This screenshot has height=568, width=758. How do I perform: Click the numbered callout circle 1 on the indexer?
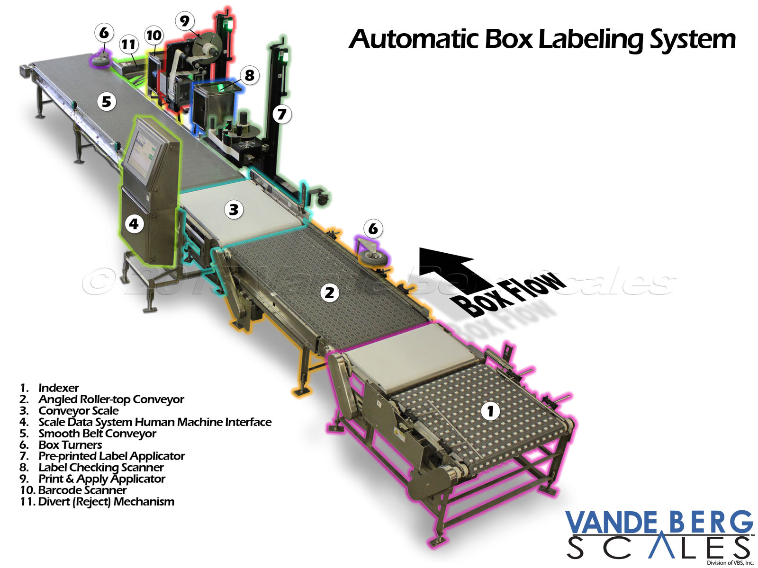[490, 410]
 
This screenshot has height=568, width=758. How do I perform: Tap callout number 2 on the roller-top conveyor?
[329, 292]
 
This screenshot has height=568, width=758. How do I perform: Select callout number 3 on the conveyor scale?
[234, 209]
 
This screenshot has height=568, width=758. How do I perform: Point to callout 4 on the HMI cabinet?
[134, 223]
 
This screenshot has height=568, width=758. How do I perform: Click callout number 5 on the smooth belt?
[107, 101]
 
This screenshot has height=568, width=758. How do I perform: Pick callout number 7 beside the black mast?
[282, 114]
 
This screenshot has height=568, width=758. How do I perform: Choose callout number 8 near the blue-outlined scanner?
[250, 75]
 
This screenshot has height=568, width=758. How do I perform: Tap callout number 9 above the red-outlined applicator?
[184, 21]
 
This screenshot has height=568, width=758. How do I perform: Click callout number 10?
[154, 35]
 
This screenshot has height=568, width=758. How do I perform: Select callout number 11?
[128, 44]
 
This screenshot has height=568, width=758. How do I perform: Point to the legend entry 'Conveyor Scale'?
[78, 411]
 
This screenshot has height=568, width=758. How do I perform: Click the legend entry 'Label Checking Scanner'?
[101, 468]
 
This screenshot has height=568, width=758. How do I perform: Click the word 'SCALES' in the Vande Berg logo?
[659, 548]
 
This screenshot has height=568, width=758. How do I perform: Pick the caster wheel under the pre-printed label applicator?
[323, 199]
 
